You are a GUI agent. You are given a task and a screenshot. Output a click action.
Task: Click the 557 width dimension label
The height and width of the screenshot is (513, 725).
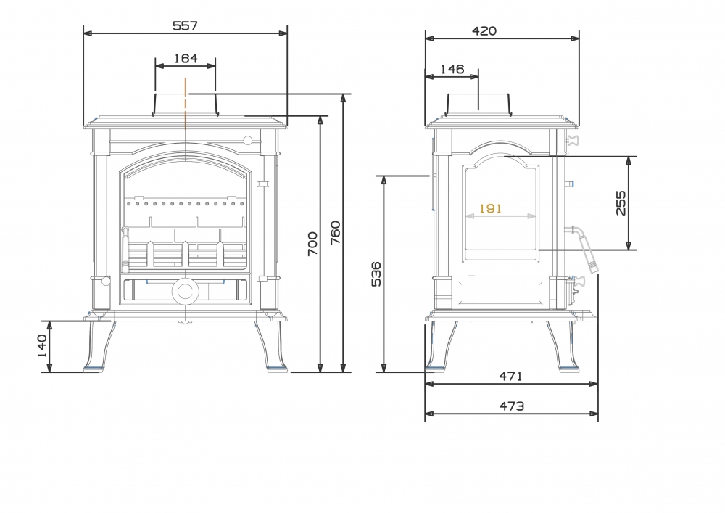pos(185,25)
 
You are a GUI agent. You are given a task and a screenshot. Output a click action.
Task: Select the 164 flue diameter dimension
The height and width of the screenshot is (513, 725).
pos(186,58)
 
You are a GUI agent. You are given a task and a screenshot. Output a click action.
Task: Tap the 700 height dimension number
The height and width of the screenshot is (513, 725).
pos(312,243)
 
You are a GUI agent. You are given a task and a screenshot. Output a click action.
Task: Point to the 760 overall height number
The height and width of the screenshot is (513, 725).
pos(336,233)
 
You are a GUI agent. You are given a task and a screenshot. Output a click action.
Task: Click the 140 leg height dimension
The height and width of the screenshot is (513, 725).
pos(41,346)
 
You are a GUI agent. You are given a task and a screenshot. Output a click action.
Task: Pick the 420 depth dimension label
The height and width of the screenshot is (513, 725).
pos(484,31)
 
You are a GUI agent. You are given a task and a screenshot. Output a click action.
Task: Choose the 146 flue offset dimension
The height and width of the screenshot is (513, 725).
pos(452,70)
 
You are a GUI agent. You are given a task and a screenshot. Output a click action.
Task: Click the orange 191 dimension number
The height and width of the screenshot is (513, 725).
pos(490,209)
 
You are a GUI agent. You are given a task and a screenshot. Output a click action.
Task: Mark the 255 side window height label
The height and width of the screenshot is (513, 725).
pos(621,202)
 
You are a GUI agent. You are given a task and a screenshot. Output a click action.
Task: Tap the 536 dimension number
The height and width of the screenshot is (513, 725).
pos(377,274)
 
